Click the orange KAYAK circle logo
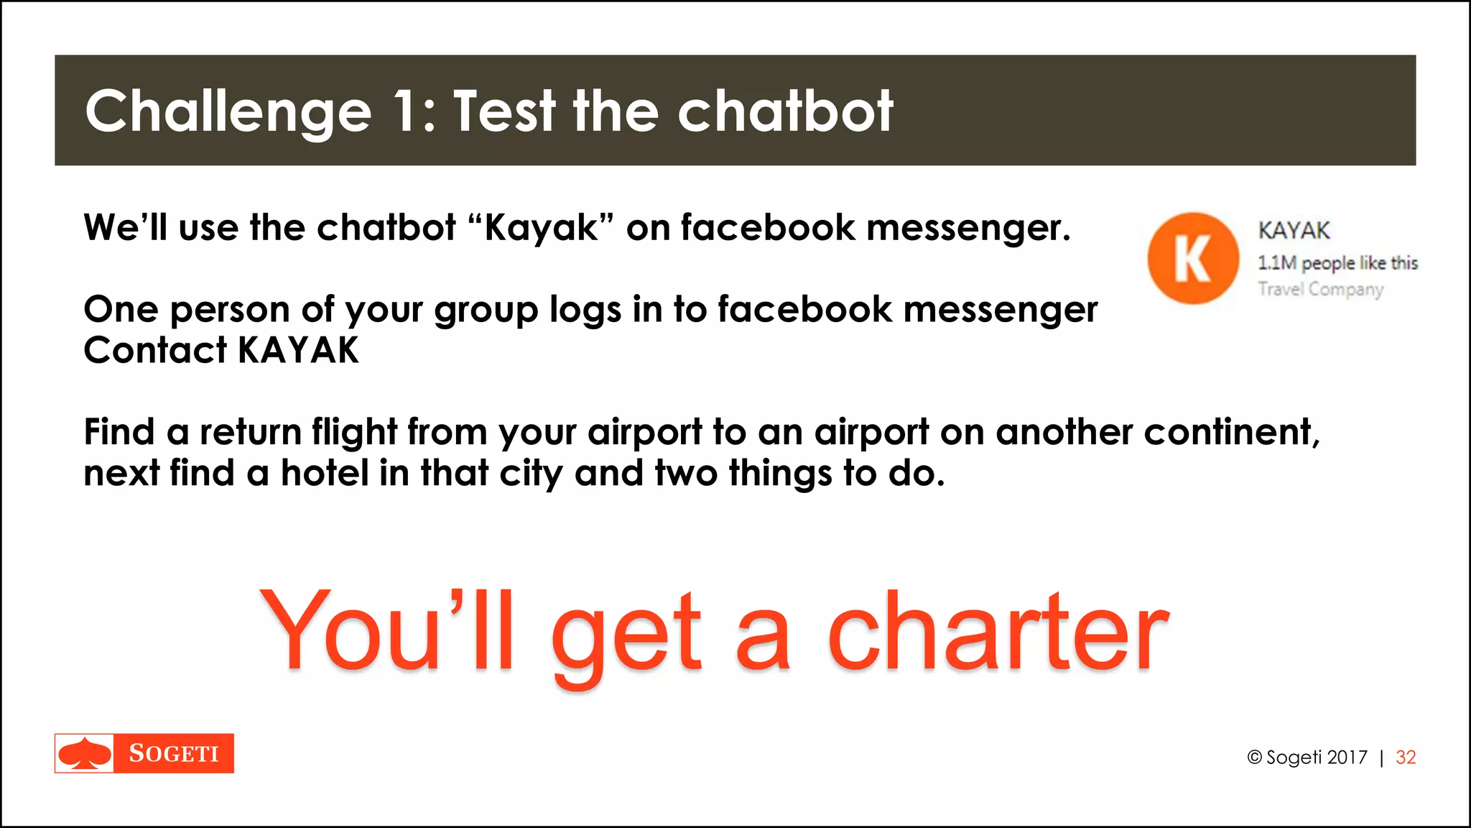click(1193, 258)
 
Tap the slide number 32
click(1406, 757)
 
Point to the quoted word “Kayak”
click(540, 228)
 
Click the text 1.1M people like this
click(1337, 263)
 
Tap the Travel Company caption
click(1320, 289)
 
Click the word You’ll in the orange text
click(388, 631)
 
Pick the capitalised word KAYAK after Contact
click(298, 351)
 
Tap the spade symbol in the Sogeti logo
click(85, 753)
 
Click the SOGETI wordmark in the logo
click(174, 753)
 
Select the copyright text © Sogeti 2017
click(1307, 757)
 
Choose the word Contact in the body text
click(155, 351)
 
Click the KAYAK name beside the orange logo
click(1294, 231)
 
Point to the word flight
click(354, 433)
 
